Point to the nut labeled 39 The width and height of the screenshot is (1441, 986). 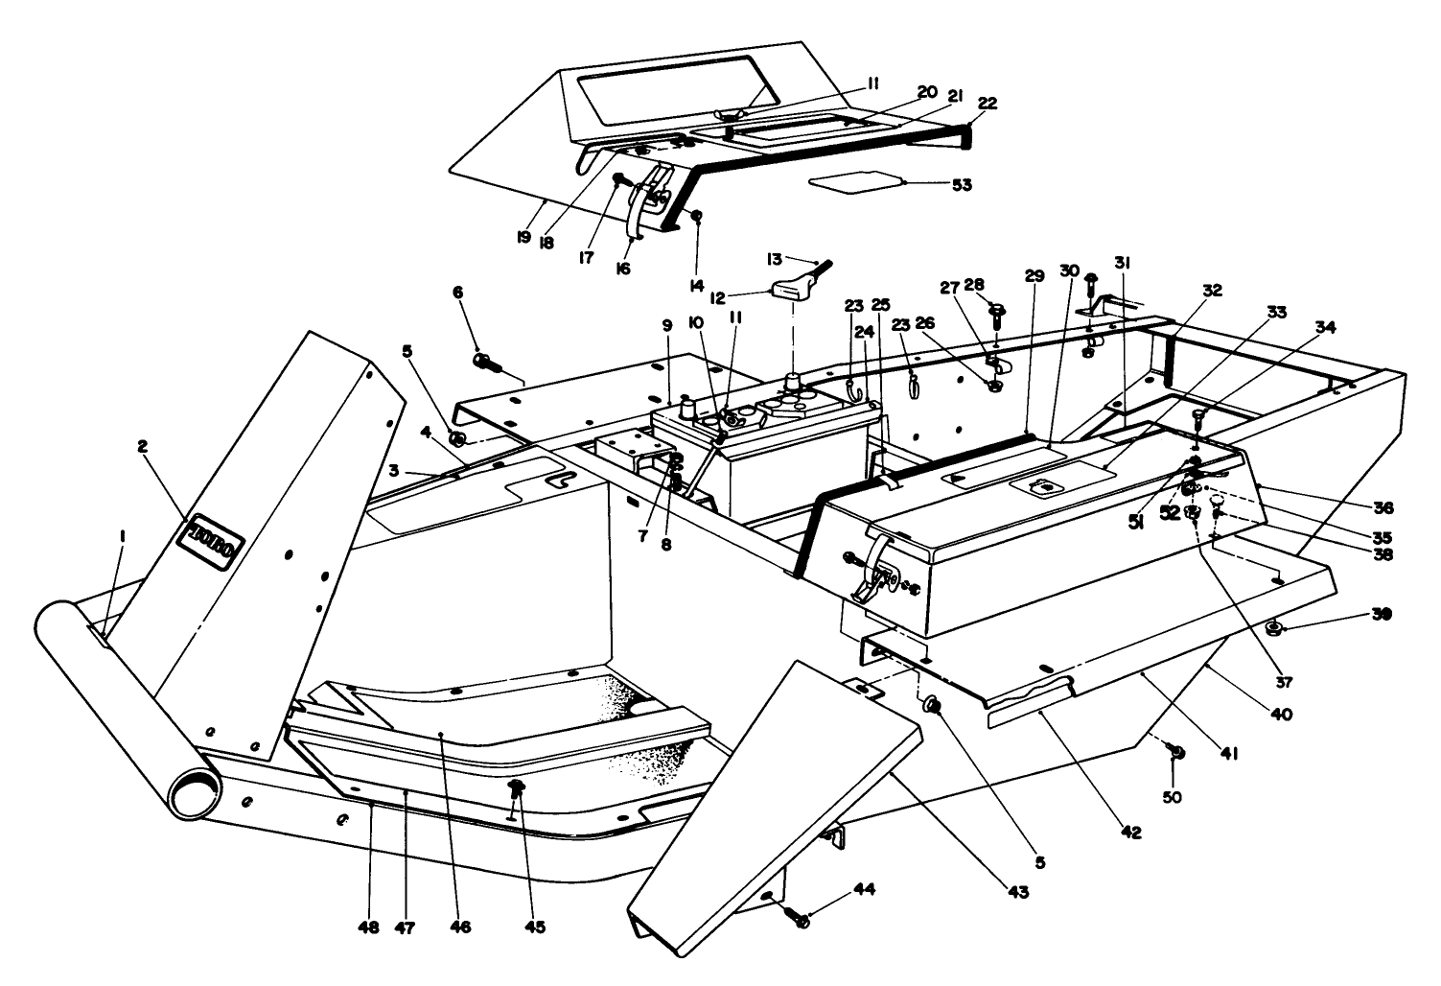(x=1276, y=629)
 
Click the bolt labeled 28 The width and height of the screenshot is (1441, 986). (x=996, y=313)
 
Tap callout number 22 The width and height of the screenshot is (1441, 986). (x=987, y=104)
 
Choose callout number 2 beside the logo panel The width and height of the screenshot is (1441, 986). (x=143, y=446)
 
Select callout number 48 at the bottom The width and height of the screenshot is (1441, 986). (x=369, y=927)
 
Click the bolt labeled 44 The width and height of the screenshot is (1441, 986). (x=798, y=918)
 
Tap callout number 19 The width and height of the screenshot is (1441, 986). (x=523, y=236)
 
